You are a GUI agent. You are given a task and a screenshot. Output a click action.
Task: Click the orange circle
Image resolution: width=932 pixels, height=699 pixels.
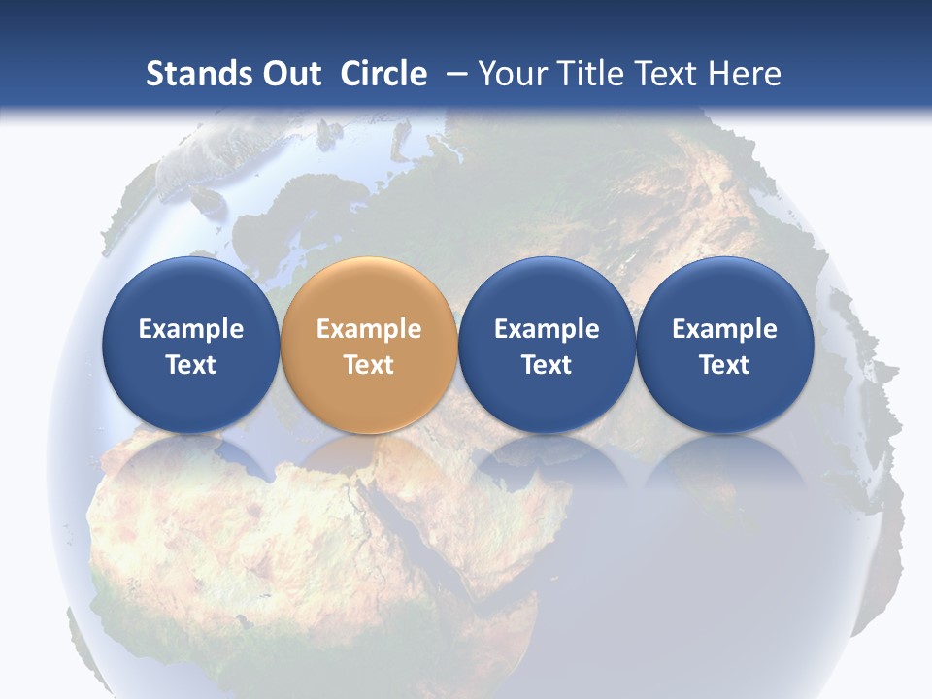click(x=368, y=345)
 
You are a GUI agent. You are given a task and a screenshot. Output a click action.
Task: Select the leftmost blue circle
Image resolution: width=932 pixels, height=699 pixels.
click(x=190, y=345)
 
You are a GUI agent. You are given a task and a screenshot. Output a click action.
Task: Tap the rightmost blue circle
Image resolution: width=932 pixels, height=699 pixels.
click(x=724, y=345)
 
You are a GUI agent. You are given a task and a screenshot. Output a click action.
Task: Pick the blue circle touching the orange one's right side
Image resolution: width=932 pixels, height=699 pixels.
click(x=547, y=345)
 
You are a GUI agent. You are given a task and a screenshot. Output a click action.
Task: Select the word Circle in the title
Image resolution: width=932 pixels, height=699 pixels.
click(x=383, y=74)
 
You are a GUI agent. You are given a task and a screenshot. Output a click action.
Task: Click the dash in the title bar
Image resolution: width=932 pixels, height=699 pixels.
click(x=456, y=74)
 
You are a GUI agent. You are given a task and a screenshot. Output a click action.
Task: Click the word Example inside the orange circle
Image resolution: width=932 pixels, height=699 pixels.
click(x=369, y=329)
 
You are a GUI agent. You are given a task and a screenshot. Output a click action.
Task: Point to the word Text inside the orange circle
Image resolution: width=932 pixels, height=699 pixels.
click(x=369, y=365)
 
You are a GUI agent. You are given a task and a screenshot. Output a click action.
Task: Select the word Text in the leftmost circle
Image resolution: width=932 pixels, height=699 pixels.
click(x=191, y=365)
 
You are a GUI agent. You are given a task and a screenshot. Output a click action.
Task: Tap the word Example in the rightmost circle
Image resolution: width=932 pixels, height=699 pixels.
click(x=724, y=329)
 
